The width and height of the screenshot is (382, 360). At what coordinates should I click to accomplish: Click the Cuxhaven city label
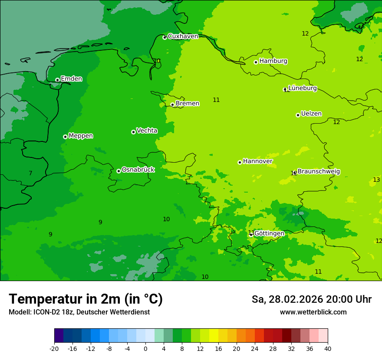click(183, 36)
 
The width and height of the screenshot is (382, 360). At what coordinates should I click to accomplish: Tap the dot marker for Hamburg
click(256, 62)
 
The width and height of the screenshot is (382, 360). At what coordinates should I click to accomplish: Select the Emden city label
click(71, 79)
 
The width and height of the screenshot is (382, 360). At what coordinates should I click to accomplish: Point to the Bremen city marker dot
click(172, 105)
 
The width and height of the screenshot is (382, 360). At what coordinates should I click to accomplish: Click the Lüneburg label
click(302, 88)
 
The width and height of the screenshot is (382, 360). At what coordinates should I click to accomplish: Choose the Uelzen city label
click(311, 114)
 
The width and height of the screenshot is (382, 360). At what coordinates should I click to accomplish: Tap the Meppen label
click(81, 136)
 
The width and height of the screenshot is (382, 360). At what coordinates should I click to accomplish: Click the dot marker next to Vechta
click(133, 132)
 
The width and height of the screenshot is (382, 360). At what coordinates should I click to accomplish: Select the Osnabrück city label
click(138, 170)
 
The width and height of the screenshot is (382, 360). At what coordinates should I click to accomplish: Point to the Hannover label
click(257, 161)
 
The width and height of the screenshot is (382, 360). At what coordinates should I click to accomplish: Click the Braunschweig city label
click(319, 171)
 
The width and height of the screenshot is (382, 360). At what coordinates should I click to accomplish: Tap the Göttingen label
click(269, 233)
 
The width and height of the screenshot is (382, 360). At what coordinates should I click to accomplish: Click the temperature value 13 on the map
click(376, 180)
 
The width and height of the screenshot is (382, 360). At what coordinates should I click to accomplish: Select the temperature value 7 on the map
click(30, 173)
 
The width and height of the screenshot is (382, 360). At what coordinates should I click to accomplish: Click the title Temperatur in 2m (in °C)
click(86, 299)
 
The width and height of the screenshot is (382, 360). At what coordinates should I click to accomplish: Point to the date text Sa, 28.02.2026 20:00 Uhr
click(311, 299)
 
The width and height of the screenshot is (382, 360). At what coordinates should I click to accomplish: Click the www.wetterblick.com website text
click(313, 312)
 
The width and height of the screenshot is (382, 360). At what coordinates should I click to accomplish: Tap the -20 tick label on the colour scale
click(54, 348)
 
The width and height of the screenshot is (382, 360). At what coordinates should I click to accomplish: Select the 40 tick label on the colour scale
click(328, 348)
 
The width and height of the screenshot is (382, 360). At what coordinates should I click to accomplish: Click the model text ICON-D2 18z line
click(79, 312)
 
